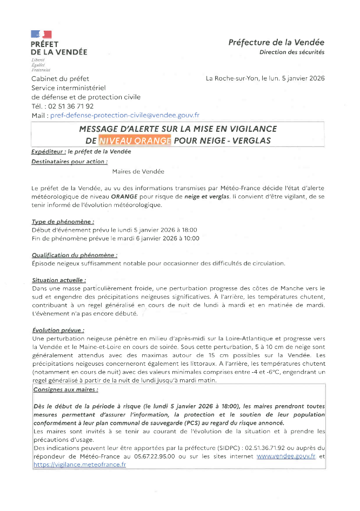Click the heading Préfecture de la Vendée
pos(276,42)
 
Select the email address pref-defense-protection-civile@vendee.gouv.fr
pos(125,115)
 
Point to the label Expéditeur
pos(48,152)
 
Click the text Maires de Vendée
pos(138,171)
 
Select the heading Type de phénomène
pos(63,221)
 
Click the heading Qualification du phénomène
pos(75,255)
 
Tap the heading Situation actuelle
pos(59,280)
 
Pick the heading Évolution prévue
pos(58,330)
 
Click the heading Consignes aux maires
pos(65,389)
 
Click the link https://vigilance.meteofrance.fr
pos(79,464)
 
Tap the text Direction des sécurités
pos(292,52)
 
